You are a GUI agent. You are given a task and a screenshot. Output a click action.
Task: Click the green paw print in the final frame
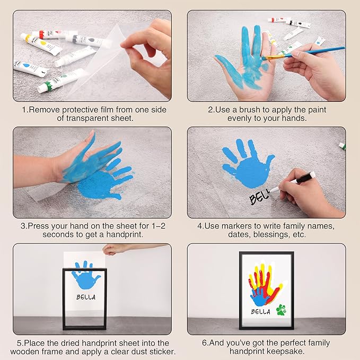pos(280,310)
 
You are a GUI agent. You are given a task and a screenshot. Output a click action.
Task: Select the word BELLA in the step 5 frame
pos(85,297)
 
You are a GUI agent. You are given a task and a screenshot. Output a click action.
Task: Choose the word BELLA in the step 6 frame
pos(261,311)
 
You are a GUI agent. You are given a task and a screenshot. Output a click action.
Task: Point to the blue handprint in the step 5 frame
pos(85,273)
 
